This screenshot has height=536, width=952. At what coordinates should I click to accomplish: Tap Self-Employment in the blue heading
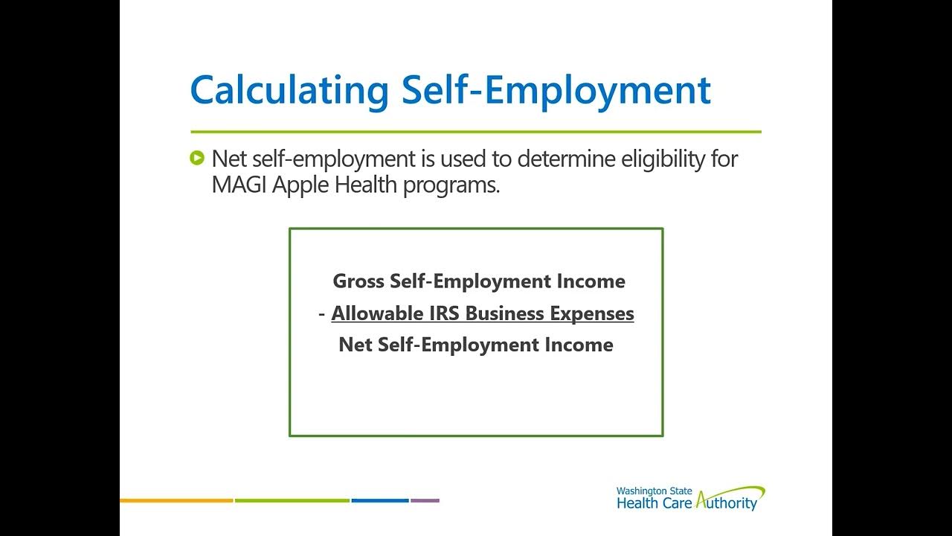(x=556, y=91)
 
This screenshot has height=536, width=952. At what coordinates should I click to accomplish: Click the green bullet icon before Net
(x=197, y=158)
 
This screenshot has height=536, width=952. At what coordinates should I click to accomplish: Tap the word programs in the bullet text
(x=451, y=185)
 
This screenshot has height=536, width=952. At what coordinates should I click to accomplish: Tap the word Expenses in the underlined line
(x=592, y=314)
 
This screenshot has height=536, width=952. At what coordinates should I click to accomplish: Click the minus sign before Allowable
(x=322, y=314)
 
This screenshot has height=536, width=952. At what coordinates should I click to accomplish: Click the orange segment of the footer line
(x=176, y=500)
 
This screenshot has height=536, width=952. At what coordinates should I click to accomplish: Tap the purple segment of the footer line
(x=425, y=500)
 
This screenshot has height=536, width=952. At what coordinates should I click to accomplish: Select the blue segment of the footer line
(x=379, y=500)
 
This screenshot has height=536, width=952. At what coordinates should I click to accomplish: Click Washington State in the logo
(x=654, y=491)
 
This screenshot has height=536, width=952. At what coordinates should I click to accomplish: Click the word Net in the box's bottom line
(x=356, y=345)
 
